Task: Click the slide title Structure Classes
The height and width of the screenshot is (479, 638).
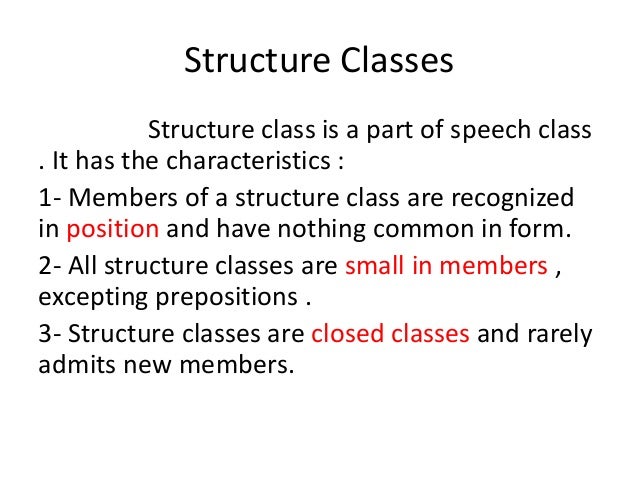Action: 319,61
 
